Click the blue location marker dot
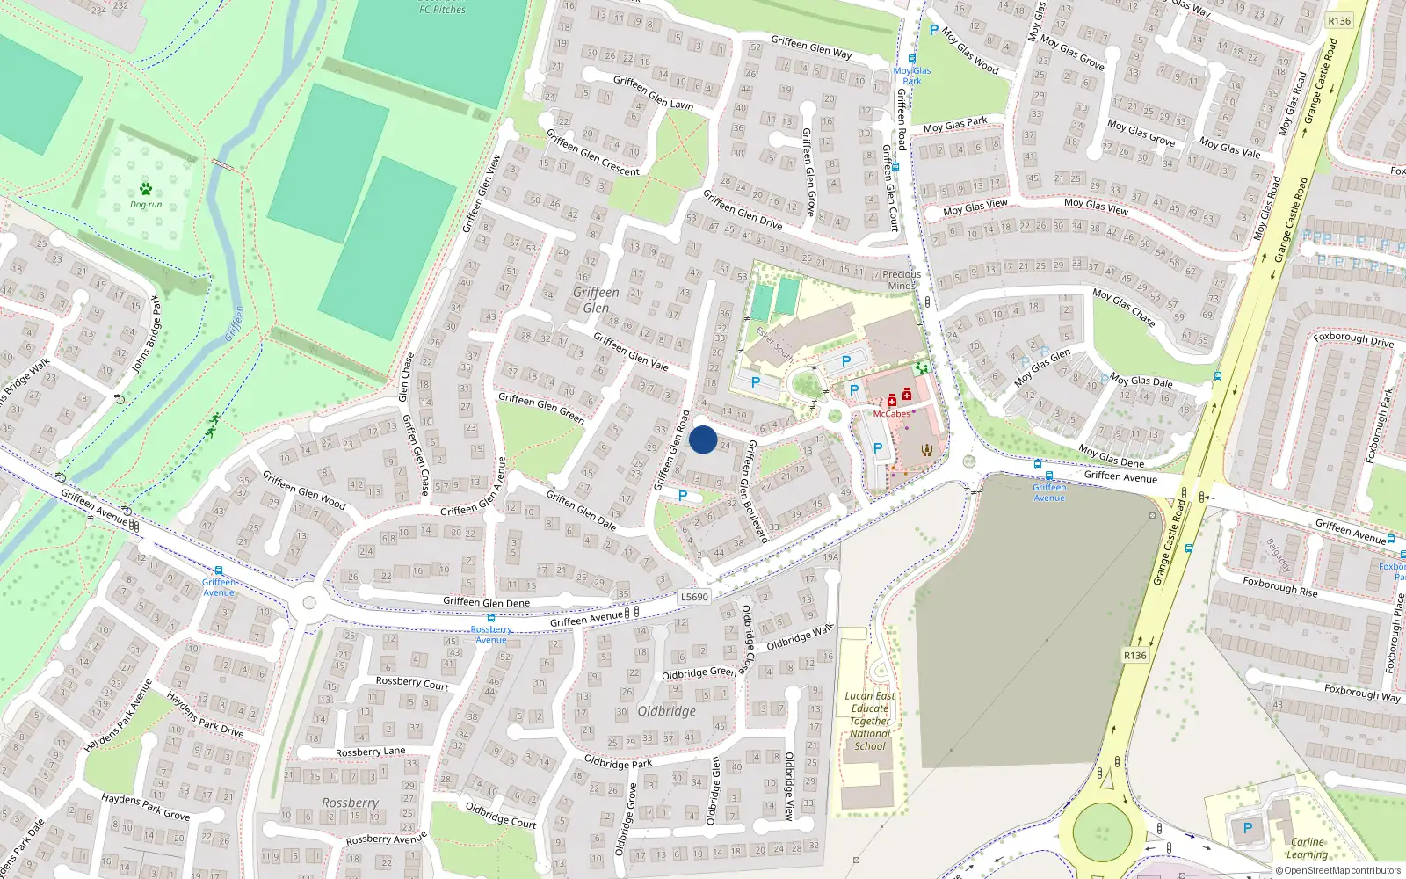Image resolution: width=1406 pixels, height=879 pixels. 703,439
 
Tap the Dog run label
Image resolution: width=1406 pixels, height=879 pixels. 146,205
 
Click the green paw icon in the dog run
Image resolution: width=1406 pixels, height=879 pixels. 146,188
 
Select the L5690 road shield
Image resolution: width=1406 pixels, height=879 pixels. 694,597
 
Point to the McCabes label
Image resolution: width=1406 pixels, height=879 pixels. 891,414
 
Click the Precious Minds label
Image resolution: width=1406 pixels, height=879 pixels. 902,280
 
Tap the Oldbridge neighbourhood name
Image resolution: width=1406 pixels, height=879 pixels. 666,711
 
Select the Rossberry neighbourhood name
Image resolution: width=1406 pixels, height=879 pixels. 350,803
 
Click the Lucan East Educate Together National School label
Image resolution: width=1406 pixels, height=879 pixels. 870,721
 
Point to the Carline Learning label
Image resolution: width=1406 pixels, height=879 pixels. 1307,847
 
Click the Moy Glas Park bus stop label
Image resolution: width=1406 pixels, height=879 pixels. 912,76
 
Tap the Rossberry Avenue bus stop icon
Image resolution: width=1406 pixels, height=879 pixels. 491,618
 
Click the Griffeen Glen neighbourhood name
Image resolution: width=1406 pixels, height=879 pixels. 596,300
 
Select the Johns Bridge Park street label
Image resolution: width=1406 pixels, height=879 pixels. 147,335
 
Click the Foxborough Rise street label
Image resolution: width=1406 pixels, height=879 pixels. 1280,587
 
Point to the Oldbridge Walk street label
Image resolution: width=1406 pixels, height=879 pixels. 799,637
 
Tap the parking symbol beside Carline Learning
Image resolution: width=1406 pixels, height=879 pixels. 1247,828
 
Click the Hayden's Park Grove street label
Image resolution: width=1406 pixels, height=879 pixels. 145,806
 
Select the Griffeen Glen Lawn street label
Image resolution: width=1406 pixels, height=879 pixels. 653,92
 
